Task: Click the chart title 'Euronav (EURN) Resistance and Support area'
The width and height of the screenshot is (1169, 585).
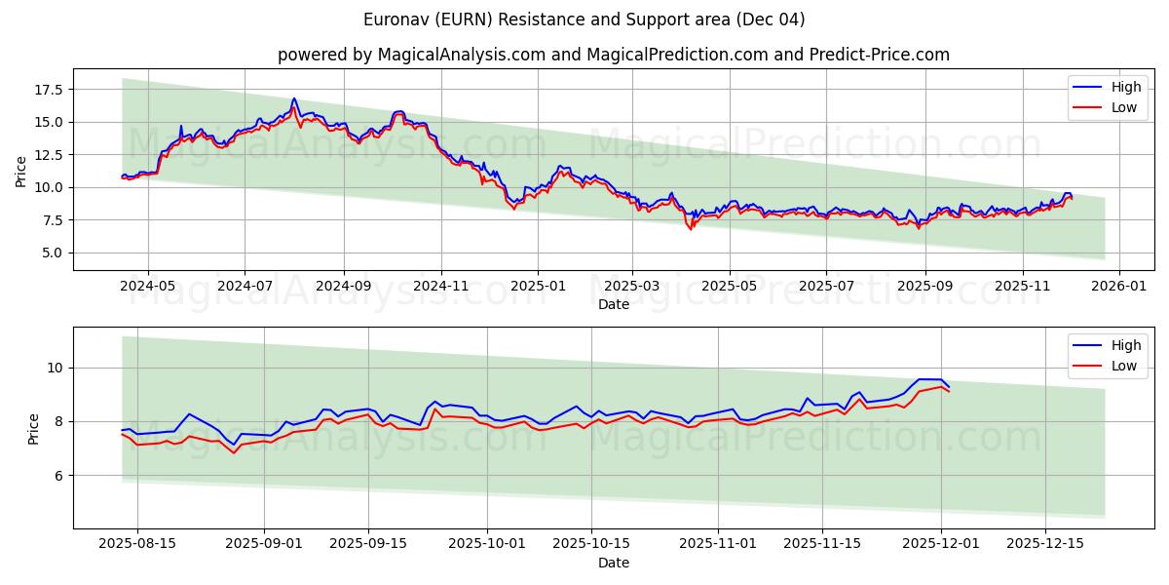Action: click(x=584, y=19)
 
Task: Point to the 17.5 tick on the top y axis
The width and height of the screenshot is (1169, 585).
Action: click(x=48, y=90)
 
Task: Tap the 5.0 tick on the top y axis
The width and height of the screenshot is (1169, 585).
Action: click(x=52, y=253)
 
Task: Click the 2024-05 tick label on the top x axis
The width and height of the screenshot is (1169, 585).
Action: click(x=148, y=286)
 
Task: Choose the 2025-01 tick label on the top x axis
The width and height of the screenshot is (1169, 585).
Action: click(x=538, y=286)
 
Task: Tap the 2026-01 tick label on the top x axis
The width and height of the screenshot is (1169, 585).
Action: click(x=1118, y=286)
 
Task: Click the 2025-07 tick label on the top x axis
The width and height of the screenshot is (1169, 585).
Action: click(x=826, y=286)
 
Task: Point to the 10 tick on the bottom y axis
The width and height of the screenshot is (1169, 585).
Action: click(x=56, y=368)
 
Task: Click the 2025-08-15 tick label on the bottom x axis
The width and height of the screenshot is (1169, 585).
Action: click(x=137, y=544)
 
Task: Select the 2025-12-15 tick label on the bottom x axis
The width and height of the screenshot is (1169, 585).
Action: click(x=1044, y=544)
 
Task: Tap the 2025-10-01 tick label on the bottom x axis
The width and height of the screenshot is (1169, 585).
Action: click(x=487, y=544)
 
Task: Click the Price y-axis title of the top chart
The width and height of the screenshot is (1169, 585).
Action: click(x=21, y=170)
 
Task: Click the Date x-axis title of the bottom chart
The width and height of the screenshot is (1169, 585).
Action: click(x=614, y=563)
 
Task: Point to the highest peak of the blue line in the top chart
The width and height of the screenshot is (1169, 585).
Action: click(x=293, y=98)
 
